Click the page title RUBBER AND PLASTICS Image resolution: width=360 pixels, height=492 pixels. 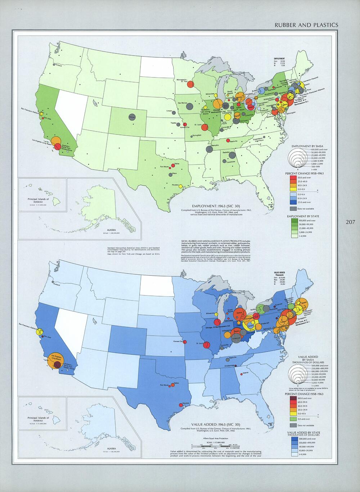pyautogui.click(x=306, y=25)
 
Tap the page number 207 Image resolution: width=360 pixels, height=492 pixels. pyautogui.click(x=350, y=222)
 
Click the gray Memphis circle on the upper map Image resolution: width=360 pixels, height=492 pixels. pyautogui.click(x=209, y=149)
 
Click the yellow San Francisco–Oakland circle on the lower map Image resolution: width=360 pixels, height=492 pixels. pyautogui.click(x=41, y=331)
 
